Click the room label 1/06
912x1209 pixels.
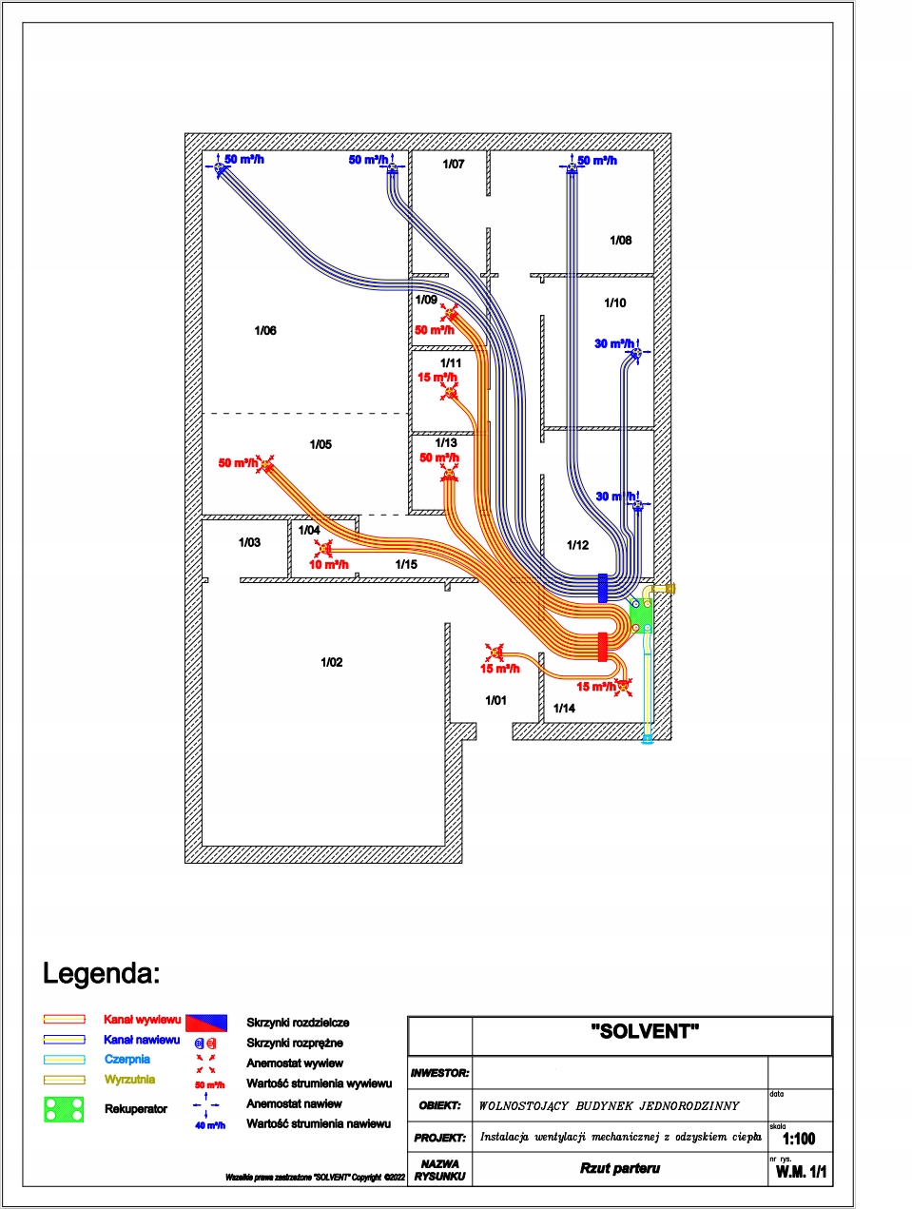coord(265,331)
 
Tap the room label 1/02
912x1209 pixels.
coord(332,662)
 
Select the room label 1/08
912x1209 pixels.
coord(620,241)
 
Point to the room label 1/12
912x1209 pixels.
coord(577,545)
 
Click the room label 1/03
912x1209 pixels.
coord(249,542)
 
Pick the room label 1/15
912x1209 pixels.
coord(406,564)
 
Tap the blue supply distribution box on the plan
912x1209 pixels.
coord(602,588)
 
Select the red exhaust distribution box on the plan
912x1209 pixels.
coord(602,647)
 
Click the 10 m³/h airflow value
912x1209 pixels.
coord(328,565)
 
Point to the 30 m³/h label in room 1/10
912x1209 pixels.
coord(614,343)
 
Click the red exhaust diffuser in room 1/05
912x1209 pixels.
coord(267,464)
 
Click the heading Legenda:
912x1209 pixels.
coord(101,973)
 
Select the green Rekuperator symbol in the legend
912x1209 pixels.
coord(64,1109)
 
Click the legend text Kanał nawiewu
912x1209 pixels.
coord(142,1040)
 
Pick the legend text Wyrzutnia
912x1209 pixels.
coord(129,1080)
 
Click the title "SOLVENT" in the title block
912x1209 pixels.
coord(645,1032)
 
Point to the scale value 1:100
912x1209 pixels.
coord(799,1139)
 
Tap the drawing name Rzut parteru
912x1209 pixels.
coord(620,1168)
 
